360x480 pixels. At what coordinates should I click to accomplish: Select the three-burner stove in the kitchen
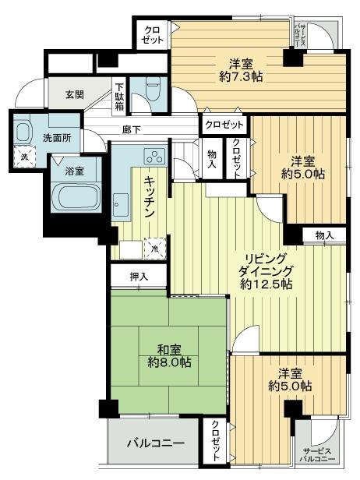[153, 156]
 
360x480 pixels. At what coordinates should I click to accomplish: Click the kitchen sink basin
[121, 206]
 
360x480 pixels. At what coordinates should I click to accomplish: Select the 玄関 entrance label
[75, 95]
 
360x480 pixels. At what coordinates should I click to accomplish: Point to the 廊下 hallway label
[131, 129]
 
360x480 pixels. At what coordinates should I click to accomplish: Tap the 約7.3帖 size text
[239, 77]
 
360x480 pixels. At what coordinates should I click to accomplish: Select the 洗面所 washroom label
[56, 138]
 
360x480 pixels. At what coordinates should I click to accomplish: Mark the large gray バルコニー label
[156, 443]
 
